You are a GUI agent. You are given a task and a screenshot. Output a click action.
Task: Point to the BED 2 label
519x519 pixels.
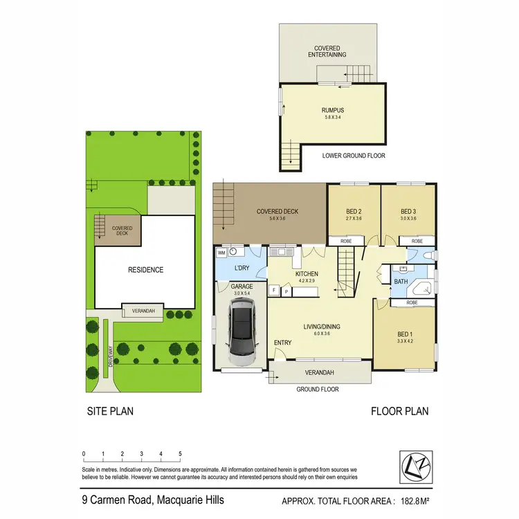click(x=354, y=212)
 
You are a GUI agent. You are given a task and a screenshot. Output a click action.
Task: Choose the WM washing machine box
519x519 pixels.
click(x=221, y=253)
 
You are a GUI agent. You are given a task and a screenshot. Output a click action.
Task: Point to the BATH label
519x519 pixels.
click(x=399, y=282)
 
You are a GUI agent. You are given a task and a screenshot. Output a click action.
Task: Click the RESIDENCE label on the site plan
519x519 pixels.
click(x=145, y=270)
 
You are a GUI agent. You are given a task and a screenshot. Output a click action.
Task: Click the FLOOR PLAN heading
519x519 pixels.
click(x=399, y=411)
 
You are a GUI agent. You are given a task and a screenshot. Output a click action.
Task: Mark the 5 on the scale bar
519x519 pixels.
click(x=180, y=455)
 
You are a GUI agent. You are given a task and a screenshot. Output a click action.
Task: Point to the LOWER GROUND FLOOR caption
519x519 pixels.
click(x=354, y=156)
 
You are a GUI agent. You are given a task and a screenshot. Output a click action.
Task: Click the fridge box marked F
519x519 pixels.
click(x=274, y=290)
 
